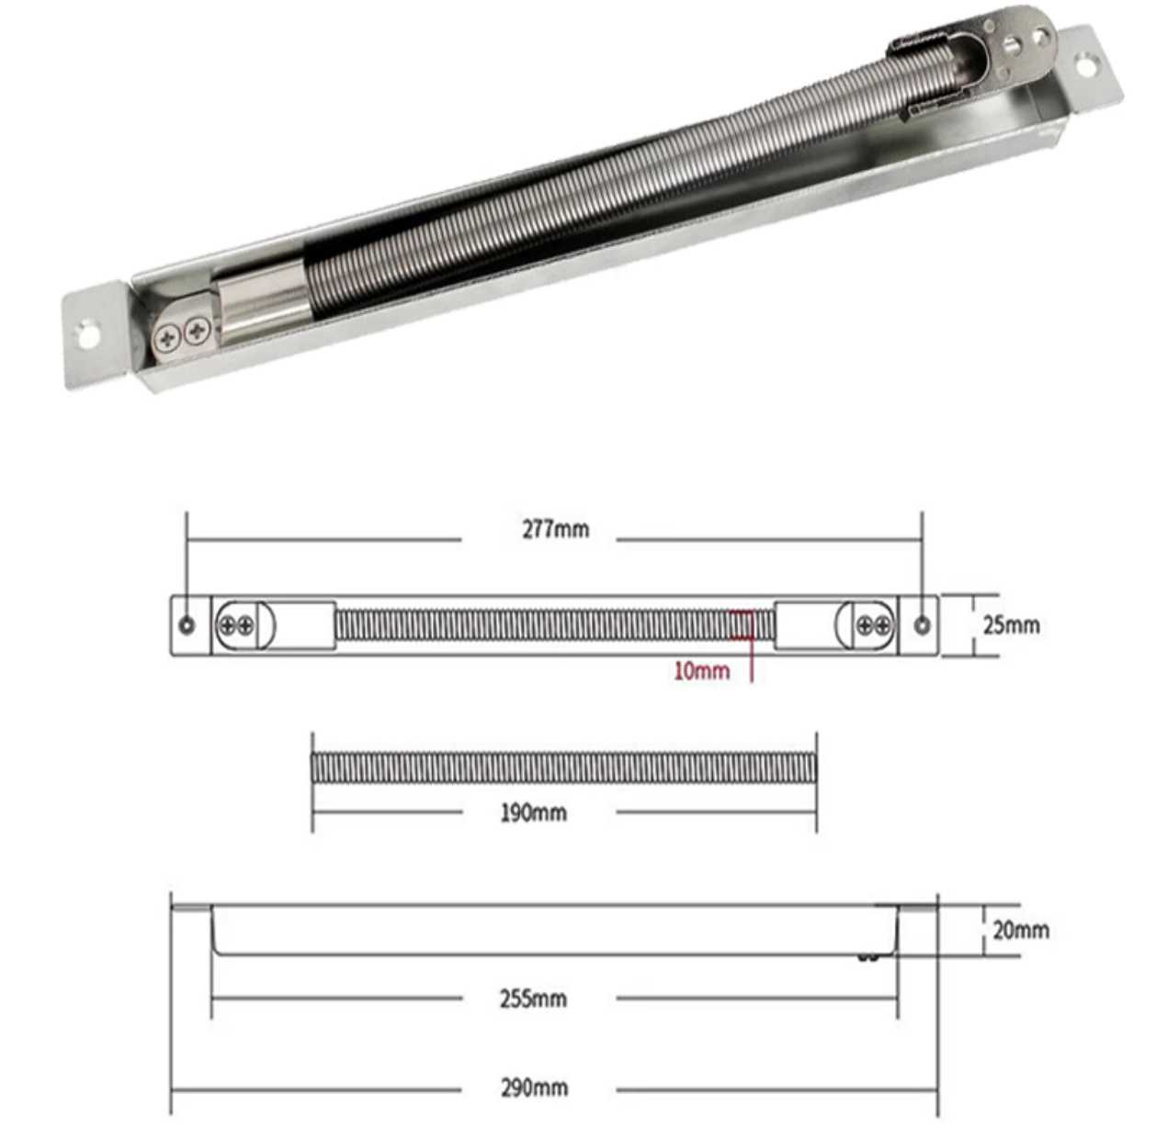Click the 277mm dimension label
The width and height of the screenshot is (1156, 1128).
pyautogui.click(x=555, y=529)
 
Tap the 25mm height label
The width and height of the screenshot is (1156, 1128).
pyautogui.click(x=1011, y=625)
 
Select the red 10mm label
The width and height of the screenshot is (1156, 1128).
pyautogui.click(x=701, y=671)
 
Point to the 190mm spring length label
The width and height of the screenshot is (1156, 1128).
pyautogui.click(x=533, y=812)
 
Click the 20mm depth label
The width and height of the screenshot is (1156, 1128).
pyautogui.click(x=1020, y=930)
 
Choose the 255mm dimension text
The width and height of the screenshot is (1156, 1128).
pyautogui.click(x=533, y=998)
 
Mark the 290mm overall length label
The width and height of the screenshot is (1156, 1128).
pyautogui.click(x=533, y=1088)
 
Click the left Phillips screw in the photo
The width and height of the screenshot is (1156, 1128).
pyautogui.click(x=168, y=339)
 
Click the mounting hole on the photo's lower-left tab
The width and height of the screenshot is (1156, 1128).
pyautogui.click(x=88, y=334)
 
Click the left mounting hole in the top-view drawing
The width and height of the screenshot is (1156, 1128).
pyautogui.click(x=187, y=626)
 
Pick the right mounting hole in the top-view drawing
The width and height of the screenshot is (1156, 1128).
pyautogui.click(x=922, y=626)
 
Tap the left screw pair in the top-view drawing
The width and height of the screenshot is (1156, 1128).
pyautogui.click(x=235, y=626)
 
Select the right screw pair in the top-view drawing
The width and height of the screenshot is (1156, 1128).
pyautogui.click(x=873, y=626)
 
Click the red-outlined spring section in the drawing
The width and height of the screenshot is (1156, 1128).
pyautogui.click(x=741, y=626)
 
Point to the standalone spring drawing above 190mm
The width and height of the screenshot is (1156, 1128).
pyautogui.click(x=563, y=768)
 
